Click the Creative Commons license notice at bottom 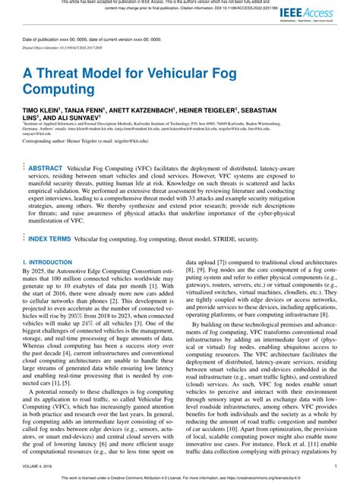(179, 479)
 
